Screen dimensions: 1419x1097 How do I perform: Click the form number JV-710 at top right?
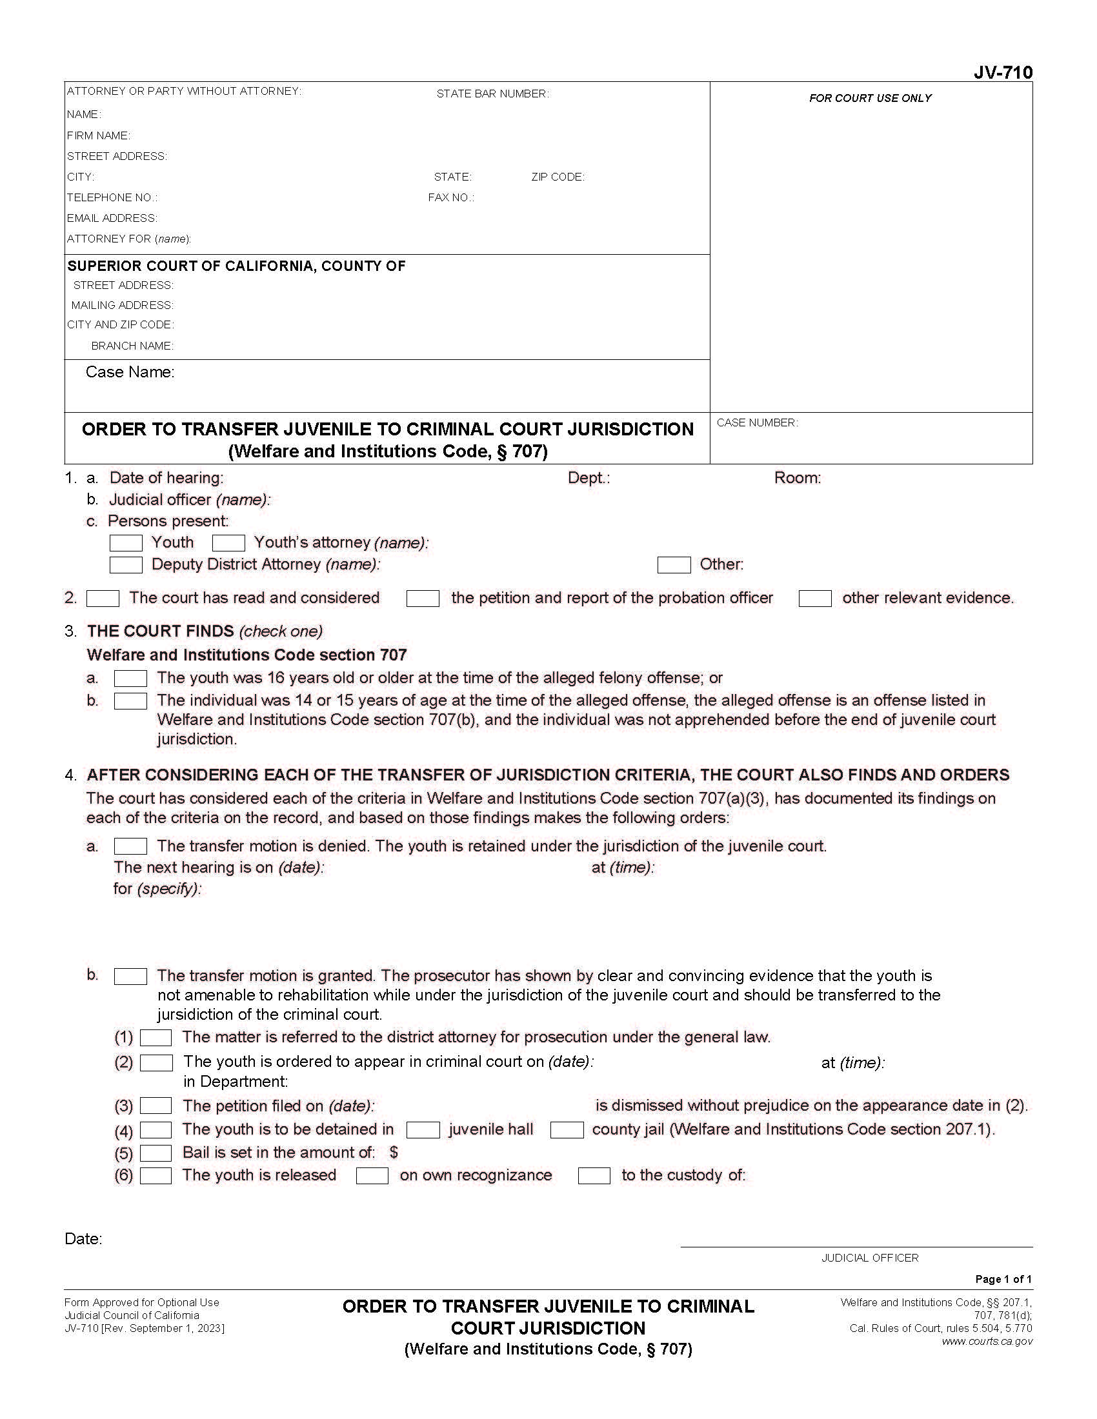click(x=1002, y=73)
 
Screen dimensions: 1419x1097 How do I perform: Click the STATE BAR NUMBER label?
click(x=492, y=94)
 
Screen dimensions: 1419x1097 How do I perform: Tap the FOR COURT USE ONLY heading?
click(x=870, y=98)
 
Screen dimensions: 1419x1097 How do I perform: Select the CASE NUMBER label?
click(x=756, y=422)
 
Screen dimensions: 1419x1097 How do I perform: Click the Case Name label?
click(x=130, y=372)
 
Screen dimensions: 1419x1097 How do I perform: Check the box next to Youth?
click(x=125, y=542)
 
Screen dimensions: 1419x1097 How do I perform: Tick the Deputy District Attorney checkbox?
click(x=125, y=564)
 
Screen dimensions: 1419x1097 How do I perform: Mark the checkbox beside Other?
click(x=673, y=564)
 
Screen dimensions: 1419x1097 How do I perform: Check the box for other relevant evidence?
click(x=814, y=598)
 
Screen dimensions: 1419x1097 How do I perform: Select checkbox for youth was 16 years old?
click(x=130, y=679)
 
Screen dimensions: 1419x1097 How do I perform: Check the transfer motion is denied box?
click(x=130, y=846)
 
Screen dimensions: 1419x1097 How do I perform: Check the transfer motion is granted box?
click(x=130, y=976)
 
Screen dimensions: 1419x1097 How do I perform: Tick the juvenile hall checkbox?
click(x=423, y=1130)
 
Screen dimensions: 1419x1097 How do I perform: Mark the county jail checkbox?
click(x=566, y=1130)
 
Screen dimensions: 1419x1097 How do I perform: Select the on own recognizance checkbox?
click(x=372, y=1175)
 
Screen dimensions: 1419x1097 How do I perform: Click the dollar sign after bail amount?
click(x=394, y=1152)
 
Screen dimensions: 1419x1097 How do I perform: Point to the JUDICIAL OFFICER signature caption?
click(x=870, y=1258)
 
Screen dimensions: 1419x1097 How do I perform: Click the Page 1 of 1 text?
click(x=1003, y=1278)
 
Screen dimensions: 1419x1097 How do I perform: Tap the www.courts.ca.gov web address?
click(x=987, y=1341)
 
